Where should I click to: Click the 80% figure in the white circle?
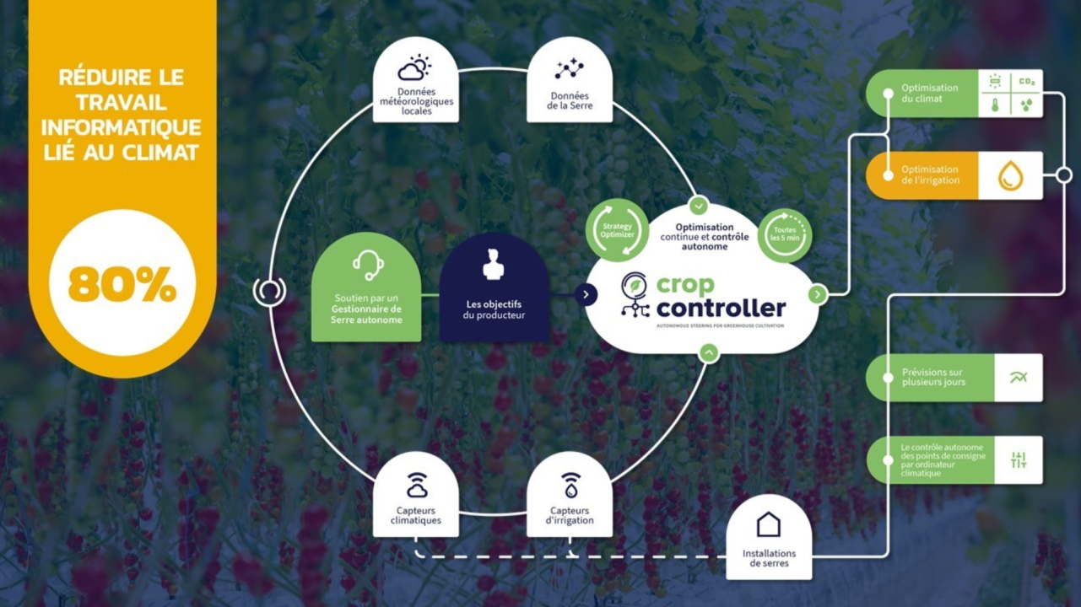pyautogui.click(x=122, y=285)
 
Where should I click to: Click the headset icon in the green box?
pyautogui.click(x=367, y=266)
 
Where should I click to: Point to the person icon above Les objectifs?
pyautogui.click(x=494, y=265)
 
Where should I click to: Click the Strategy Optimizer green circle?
pyautogui.click(x=617, y=230)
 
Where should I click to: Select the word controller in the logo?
pyautogui.click(x=721, y=308)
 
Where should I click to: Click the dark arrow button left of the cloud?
pyautogui.click(x=586, y=294)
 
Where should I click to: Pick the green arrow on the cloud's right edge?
pyautogui.click(x=817, y=294)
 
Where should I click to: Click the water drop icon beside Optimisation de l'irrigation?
pyautogui.click(x=1010, y=175)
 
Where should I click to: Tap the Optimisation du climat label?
pyautogui.click(x=929, y=94)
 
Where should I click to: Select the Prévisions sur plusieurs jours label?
pyautogui.click(x=932, y=377)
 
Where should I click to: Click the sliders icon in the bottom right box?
pyautogui.click(x=1019, y=459)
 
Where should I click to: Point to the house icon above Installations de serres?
pyautogui.click(x=769, y=524)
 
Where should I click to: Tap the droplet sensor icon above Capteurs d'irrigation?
pyautogui.click(x=570, y=485)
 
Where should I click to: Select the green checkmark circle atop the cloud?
pyautogui.click(x=698, y=205)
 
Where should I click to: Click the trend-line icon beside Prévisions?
pyautogui.click(x=1019, y=378)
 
